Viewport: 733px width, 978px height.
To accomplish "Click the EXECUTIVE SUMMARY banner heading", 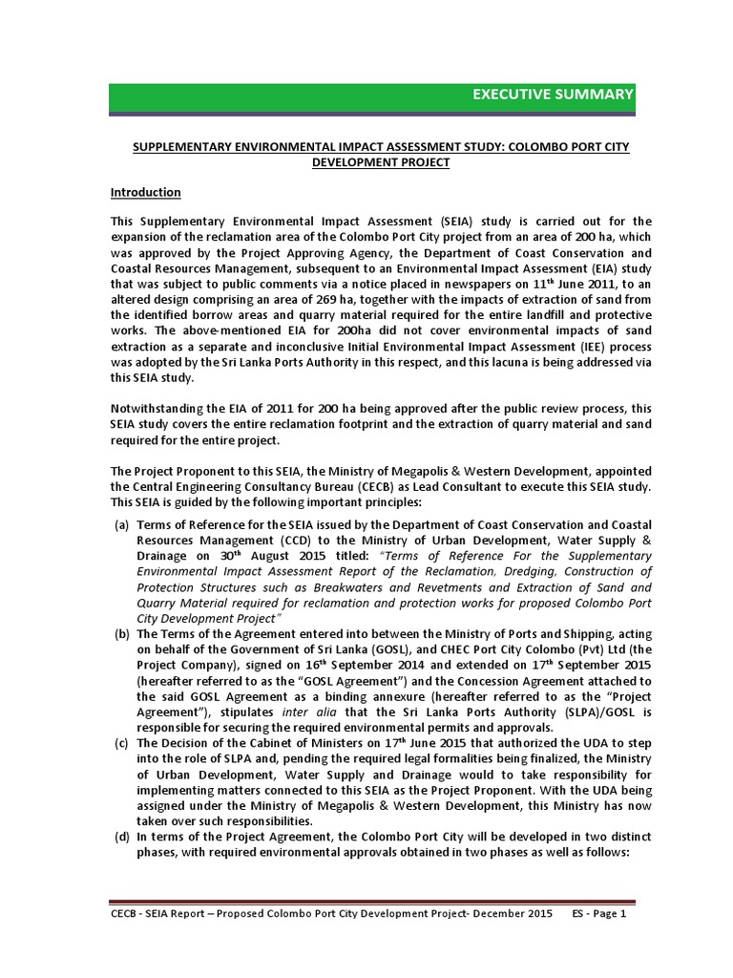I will tap(553, 94).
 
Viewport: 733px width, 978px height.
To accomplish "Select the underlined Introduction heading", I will tap(146, 192).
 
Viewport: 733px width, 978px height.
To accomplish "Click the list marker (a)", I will tap(121, 525).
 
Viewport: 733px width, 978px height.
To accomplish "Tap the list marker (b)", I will tap(121, 632).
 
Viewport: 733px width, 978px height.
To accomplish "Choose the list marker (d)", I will tap(121, 838).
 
